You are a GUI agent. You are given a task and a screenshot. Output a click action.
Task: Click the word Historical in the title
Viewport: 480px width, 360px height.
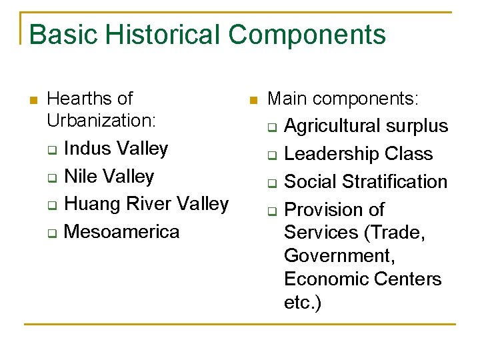pos(159,35)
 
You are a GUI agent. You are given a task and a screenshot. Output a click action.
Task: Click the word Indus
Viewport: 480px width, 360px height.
pos(87,148)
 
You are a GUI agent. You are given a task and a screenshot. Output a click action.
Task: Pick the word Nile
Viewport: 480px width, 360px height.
pos(81,176)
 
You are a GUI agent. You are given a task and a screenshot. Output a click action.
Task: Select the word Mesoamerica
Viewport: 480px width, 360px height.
pos(122,231)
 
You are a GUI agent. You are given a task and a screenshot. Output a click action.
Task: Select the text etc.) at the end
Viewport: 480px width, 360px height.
pos(303,302)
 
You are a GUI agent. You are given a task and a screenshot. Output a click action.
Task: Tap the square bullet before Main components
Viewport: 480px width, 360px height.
pos(252,100)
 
